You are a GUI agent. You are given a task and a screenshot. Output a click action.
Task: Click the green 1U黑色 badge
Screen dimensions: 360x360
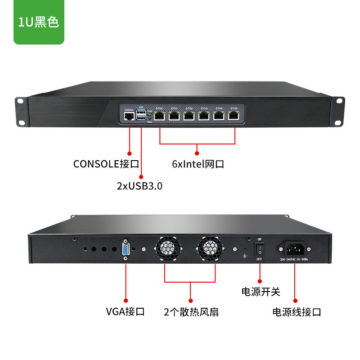pyautogui.click(x=39, y=22)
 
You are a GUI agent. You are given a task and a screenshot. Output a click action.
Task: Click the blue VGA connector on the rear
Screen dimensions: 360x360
pyautogui.click(x=125, y=250)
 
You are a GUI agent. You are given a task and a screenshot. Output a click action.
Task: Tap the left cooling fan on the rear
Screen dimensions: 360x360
pyautogui.click(x=168, y=250)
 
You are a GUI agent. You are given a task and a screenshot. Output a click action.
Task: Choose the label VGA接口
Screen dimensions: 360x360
pyautogui.click(x=125, y=311)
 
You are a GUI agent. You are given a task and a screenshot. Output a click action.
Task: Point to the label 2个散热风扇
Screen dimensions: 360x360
pyautogui.click(x=191, y=311)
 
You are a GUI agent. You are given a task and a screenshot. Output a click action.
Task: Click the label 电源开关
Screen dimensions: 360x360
pyautogui.click(x=261, y=292)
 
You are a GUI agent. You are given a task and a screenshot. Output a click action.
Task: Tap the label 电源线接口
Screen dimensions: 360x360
pyautogui.click(x=297, y=312)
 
